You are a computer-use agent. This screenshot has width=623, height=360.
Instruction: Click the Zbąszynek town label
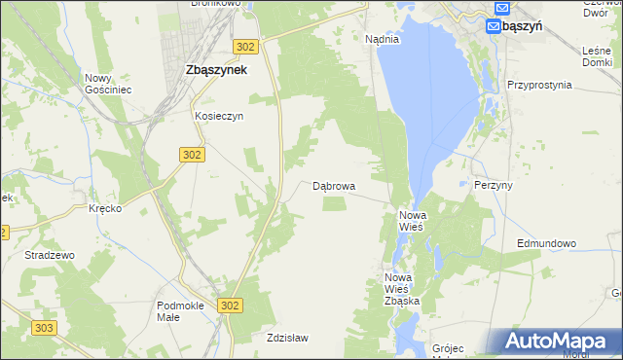(215, 70)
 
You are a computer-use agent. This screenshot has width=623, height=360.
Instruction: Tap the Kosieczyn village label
(218, 115)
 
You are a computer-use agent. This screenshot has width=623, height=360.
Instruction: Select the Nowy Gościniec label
(107, 84)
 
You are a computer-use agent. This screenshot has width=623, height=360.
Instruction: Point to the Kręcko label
(104, 209)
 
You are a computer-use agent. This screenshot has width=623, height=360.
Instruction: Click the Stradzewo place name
(50, 255)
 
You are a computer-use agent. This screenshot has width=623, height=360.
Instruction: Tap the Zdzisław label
(287, 339)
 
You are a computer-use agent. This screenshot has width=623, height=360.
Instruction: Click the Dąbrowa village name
(333, 186)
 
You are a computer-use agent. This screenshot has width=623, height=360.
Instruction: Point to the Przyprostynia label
(538, 85)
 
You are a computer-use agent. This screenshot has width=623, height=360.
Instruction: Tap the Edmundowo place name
(546, 243)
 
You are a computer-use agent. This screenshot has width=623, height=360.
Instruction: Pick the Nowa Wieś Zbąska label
(401, 289)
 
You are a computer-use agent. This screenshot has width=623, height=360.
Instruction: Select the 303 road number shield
(43, 329)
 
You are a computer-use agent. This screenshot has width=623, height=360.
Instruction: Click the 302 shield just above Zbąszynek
(246, 46)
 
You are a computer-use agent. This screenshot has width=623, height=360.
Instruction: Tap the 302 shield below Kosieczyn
(192, 154)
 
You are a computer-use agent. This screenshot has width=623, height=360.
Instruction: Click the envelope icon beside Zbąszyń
(493, 26)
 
